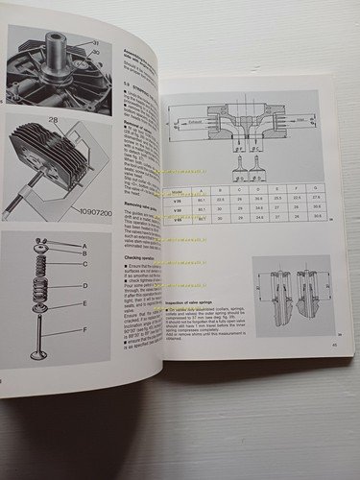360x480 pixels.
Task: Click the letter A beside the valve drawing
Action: [x=84, y=248]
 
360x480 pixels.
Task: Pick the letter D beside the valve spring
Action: [x=84, y=285]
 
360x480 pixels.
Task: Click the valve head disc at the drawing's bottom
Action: [x=38, y=354]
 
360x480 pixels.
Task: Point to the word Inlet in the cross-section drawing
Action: [x=303, y=122]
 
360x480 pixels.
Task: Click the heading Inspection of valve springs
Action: [x=183, y=298]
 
